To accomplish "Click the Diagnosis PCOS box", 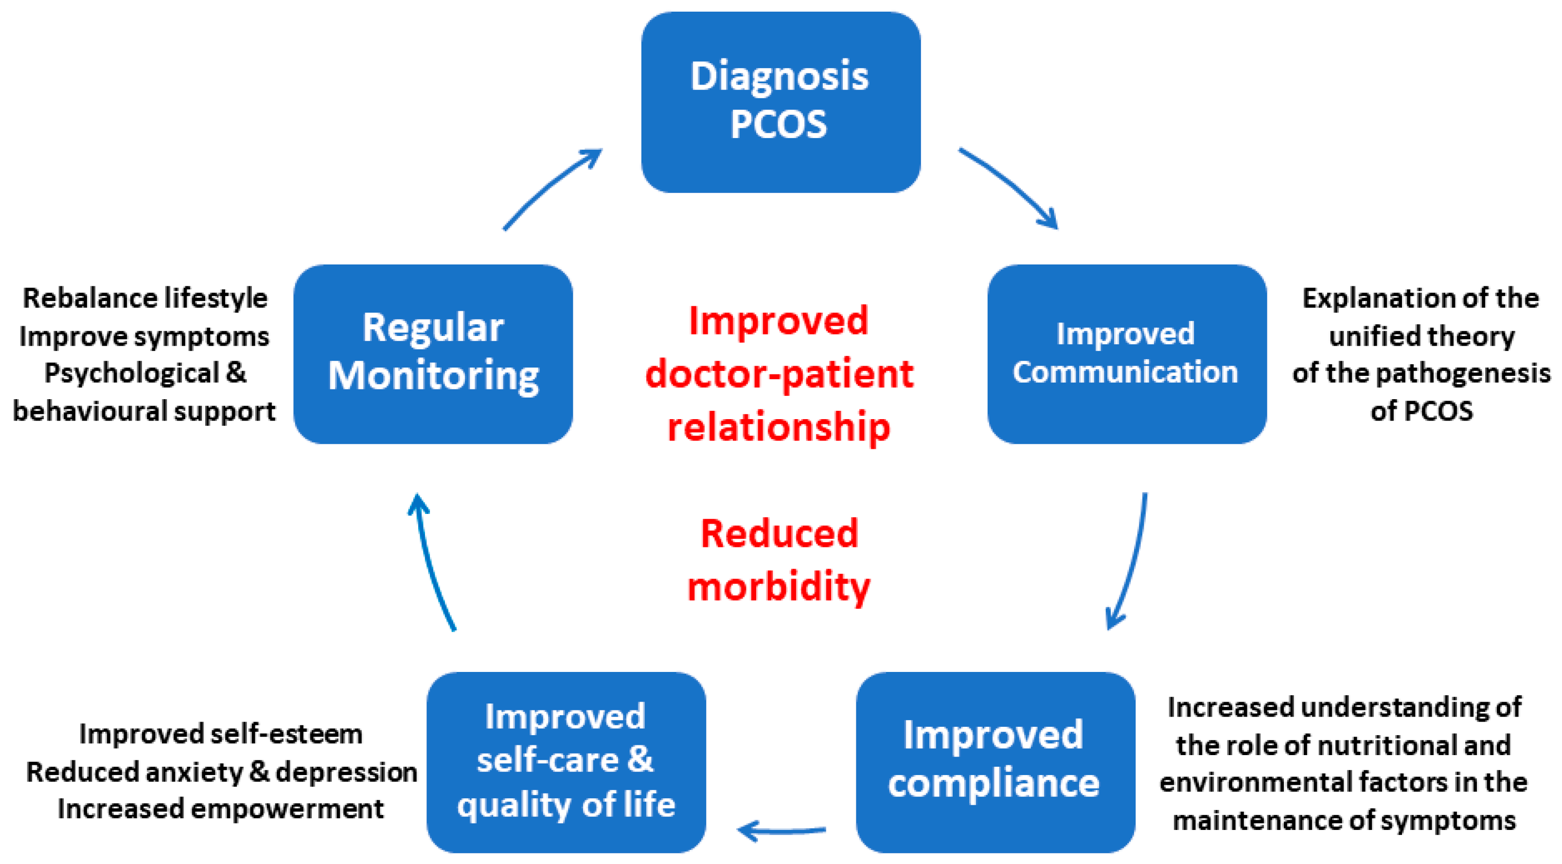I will [781, 102].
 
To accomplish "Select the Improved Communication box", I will [1126, 353].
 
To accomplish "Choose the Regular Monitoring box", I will [433, 353].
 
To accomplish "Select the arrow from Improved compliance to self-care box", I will [781, 830].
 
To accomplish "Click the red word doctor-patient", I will [779, 374].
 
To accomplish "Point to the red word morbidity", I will [779, 587].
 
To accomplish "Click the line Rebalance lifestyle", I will [145, 299].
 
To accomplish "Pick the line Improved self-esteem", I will [221, 734].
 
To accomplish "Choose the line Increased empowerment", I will [221, 809].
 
